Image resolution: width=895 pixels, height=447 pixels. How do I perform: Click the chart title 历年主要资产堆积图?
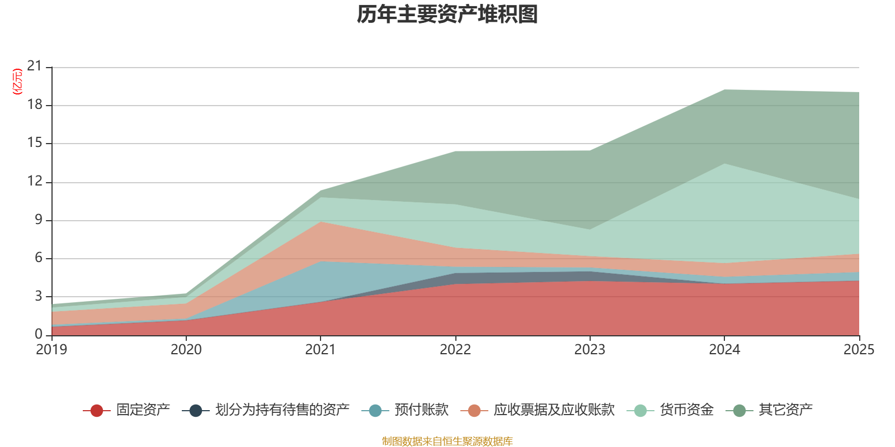coord(447,15)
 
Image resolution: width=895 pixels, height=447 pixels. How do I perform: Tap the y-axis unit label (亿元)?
coord(17,82)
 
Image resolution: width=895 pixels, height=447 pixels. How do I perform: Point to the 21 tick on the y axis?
coord(34,66)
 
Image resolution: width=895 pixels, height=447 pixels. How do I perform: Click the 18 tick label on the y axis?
coord(34,104)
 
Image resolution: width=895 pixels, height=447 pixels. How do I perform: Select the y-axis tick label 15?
coord(34,142)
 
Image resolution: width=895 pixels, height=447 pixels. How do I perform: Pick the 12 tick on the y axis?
coord(34,181)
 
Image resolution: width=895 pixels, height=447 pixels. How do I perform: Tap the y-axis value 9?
coord(39,219)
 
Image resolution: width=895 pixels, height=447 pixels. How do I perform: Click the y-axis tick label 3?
coord(39,296)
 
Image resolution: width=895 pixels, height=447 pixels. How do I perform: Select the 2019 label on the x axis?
coord(51,350)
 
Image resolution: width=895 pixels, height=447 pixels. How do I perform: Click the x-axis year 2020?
coord(186,350)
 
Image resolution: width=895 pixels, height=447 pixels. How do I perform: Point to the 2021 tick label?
coord(321,350)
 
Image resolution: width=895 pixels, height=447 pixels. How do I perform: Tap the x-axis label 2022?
coord(455,350)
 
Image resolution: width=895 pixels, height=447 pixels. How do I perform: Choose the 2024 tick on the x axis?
coord(724,350)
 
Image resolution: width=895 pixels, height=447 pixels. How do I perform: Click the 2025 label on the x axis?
coord(859,350)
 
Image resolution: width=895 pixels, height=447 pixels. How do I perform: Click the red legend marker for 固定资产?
coord(97,410)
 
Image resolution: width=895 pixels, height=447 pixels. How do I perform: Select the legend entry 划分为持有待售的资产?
coord(266,410)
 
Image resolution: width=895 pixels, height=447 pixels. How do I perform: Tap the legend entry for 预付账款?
coord(405,410)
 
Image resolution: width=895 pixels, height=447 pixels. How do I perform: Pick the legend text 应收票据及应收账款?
coord(554,410)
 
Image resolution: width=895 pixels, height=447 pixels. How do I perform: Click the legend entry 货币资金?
coord(670,410)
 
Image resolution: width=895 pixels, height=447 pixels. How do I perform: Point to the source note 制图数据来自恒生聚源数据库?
coord(447,441)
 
